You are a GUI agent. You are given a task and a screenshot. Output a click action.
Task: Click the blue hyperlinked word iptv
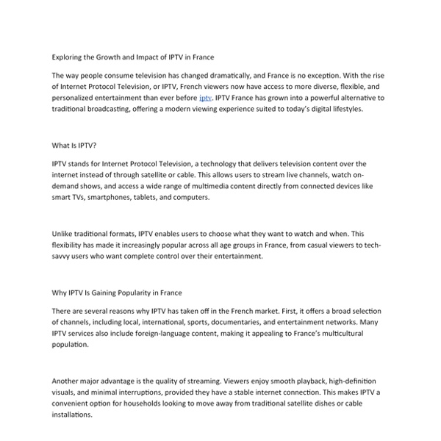pos(206,97)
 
